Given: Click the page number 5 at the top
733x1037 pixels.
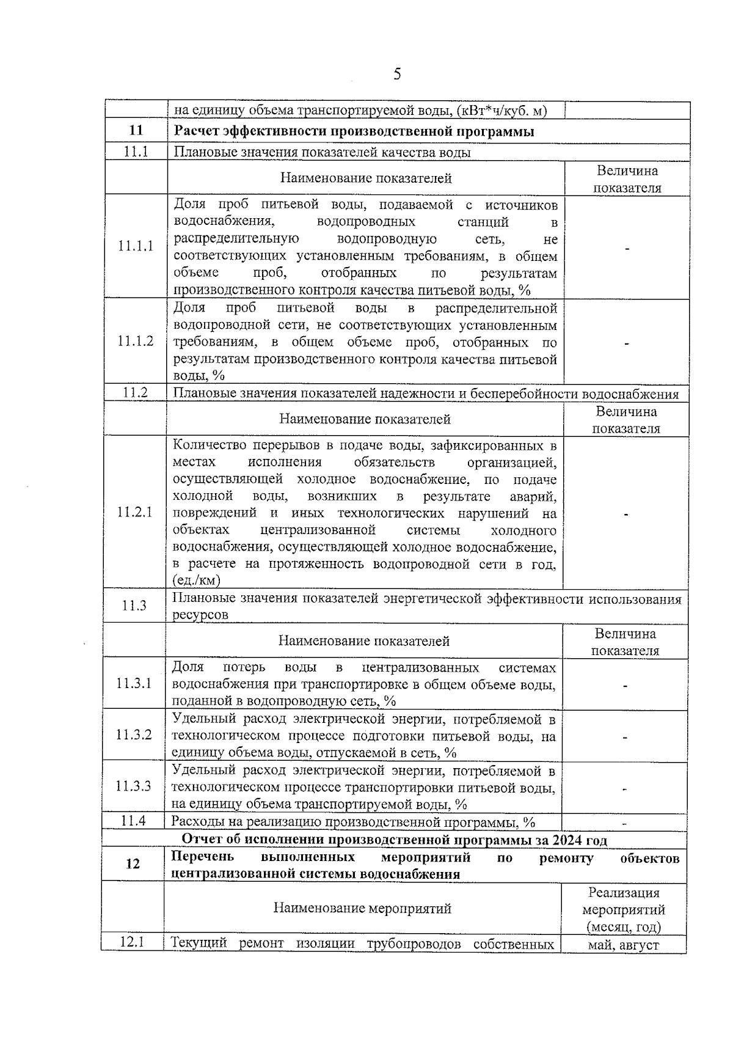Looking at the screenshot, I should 397,75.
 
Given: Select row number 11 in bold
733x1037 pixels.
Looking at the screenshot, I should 136,130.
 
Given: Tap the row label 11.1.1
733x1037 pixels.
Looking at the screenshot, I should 136,246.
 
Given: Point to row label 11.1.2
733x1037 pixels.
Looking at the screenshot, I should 136,341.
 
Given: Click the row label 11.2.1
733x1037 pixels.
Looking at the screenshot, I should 134,512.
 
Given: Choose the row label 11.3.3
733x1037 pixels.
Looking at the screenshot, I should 134,786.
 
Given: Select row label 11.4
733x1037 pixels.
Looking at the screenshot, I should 133,821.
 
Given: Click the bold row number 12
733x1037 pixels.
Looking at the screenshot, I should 133,864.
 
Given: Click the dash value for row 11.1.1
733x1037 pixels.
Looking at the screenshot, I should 627,249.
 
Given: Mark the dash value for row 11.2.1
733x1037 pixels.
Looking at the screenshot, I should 626,515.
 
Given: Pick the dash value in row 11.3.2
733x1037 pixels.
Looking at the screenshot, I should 625,738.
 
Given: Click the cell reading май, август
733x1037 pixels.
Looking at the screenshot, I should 624,945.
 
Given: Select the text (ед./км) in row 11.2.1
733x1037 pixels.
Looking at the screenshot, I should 196,580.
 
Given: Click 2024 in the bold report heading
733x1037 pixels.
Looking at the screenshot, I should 567,840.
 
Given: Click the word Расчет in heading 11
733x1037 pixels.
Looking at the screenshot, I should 196,131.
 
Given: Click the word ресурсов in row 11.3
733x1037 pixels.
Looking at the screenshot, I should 200,615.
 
